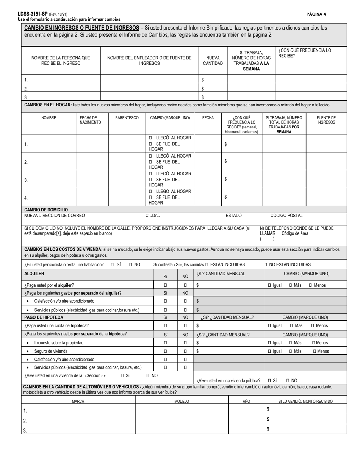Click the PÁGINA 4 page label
click(316, 14)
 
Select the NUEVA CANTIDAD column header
click(213, 61)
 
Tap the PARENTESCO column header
click(127, 118)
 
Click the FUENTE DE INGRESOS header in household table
click(326, 120)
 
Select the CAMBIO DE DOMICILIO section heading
click(46, 210)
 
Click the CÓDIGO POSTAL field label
click(286, 216)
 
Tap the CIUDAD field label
click(153, 216)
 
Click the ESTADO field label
click(233, 216)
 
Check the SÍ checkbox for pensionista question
click(113, 264)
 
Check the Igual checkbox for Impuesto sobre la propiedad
click(269, 343)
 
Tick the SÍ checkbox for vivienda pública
click(269, 380)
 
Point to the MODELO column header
click(182, 401)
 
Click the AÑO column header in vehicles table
click(246, 401)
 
